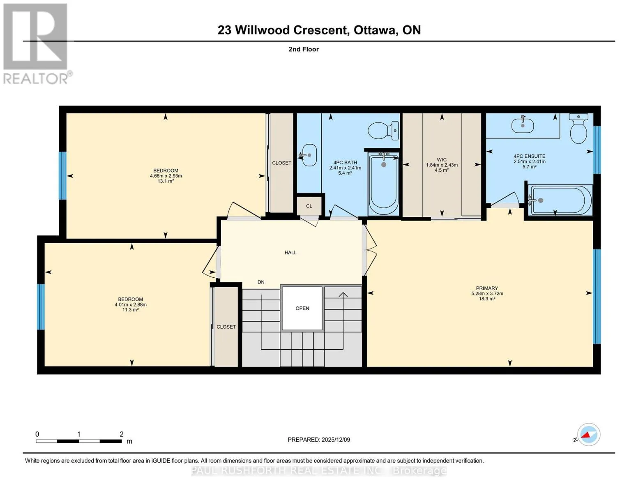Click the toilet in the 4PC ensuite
pyautogui.click(x=578, y=128)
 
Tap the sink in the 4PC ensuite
pyautogui.click(x=522, y=125)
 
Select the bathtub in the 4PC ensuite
pyautogui.click(x=560, y=200)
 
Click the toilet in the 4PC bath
pyautogui.click(x=383, y=131)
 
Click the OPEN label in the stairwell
pyautogui.click(x=302, y=308)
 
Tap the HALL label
pyautogui.click(x=290, y=253)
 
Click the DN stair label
pyautogui.click(x=261, y=282)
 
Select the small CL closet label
pyautogui.click(x=309, y=206)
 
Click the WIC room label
pyautogui.click(x=442, y=160)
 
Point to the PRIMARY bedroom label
pyautogui.click(x=487, y=288)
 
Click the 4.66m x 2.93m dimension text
pyautogui.click(x=166, y=176)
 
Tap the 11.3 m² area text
pyautogui.click(x=130, y=310)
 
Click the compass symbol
pyautogui.click(x=588, y=434)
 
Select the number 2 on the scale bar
pyautogui.click(x=121, y=434)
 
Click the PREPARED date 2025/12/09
pyautogui.click(x=336, y=440)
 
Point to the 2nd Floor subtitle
pyautogui.click(x=304, y=49)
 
